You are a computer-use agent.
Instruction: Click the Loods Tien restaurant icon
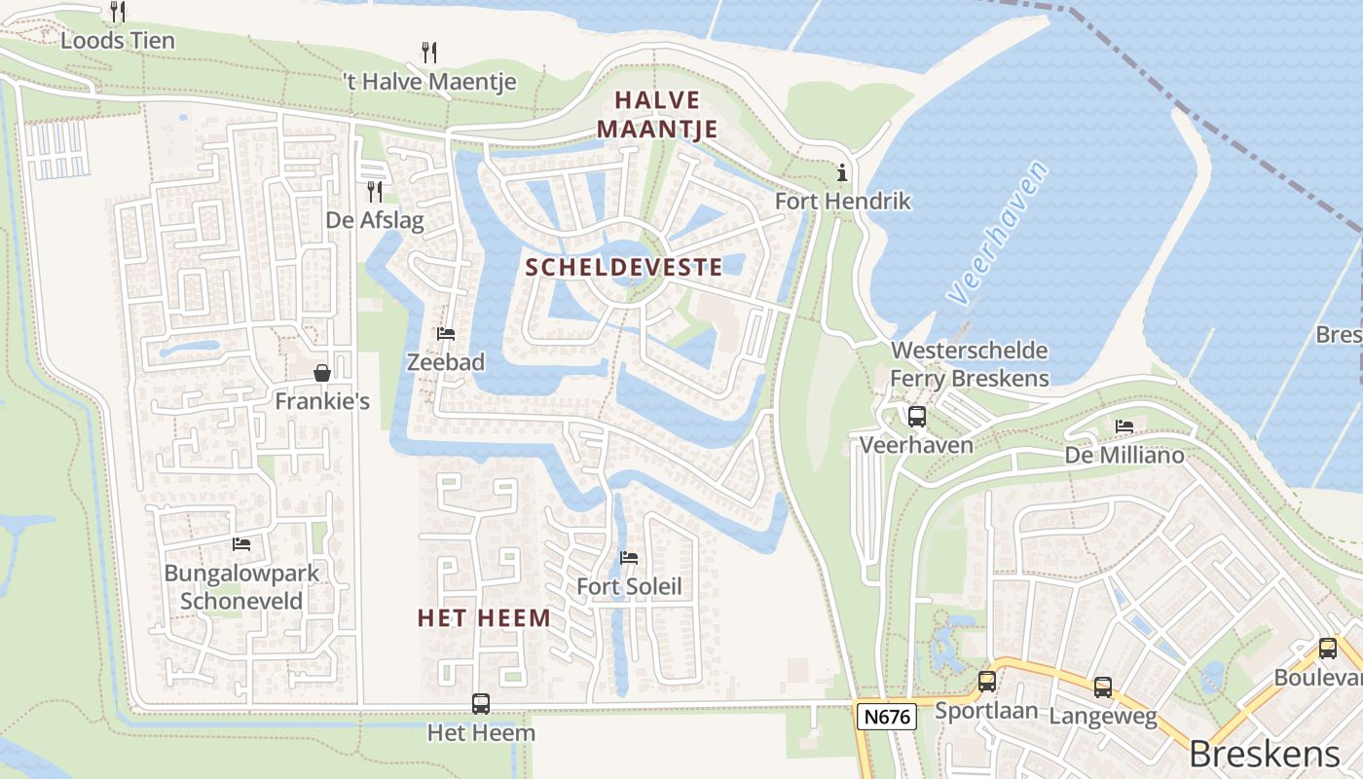pos(118,12)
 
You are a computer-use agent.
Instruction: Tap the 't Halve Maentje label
pos(429,81)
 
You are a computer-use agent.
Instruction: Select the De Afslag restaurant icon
pos(375,191)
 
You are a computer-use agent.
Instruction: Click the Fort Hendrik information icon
pos(842,173)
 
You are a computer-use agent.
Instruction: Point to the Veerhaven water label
pos(999,233)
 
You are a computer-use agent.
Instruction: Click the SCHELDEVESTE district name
pos(624,267)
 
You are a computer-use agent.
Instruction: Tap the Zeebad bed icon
pos(446,334)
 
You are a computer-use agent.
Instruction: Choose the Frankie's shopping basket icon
pos(321,373)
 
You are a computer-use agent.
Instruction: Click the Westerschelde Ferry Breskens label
pos(970,364)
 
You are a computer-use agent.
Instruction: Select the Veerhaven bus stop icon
pos(916,417)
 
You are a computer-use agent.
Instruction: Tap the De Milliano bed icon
pos(1124,427)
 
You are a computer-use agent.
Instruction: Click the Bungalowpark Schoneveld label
pos(241,586)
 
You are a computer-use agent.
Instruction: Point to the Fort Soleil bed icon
pos(629,558)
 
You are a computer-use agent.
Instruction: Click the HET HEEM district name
pos(484,617)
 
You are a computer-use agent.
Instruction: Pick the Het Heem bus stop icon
pos(480,703)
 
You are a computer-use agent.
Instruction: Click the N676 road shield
pos(887,718)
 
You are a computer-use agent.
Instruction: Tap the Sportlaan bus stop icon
pos(986,682)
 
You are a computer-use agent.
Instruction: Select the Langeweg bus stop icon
pos(1102,687)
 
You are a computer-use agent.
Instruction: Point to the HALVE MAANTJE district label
pos(657,114)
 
